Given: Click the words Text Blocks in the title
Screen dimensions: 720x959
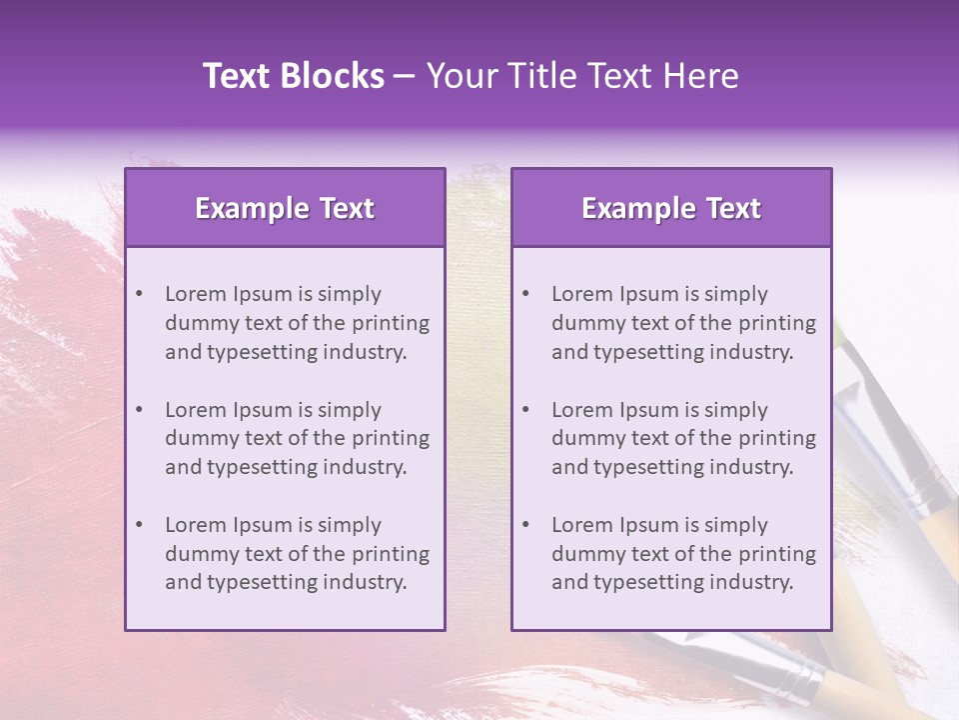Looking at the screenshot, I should (294, 76).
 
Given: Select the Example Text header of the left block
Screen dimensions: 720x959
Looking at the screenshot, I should (285, 208).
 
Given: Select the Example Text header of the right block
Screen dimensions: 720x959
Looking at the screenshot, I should (671, 208).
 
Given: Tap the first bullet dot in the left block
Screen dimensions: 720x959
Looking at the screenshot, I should (139, 294).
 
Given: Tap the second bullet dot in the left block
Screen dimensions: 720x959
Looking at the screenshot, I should (139, 410).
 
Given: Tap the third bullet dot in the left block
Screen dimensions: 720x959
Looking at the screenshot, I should (139, 525).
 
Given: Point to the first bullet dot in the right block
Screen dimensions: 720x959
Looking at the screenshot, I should (525, 294).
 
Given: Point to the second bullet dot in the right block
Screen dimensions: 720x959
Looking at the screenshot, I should (525, 410).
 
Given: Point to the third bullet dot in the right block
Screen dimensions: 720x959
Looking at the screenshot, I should (525, 525).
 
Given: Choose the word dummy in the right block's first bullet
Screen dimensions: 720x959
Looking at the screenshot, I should (585, 323).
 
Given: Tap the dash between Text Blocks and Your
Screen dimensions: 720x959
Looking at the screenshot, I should (406, 76).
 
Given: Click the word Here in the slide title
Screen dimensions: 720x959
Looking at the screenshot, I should (705, 76).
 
